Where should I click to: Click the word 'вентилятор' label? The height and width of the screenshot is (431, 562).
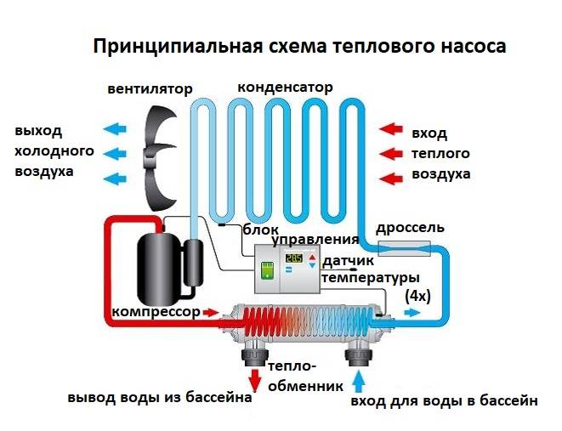150,89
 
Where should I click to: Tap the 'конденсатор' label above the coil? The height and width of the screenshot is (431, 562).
286,88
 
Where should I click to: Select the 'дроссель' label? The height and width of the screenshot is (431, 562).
410,228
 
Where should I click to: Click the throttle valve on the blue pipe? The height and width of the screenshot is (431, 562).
405,248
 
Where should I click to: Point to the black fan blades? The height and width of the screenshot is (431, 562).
160,157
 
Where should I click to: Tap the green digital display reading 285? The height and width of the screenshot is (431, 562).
293,258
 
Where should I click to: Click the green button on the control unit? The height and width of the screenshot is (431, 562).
267,270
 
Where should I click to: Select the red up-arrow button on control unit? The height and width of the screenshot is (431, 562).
313,257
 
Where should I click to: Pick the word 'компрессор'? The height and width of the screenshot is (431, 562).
156,312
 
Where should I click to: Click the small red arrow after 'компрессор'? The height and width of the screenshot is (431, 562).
210,313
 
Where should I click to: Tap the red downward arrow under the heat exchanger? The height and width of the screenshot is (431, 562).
255,380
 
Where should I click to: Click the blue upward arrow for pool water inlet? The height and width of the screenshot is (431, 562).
358,382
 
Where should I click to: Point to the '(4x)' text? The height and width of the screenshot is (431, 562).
417,296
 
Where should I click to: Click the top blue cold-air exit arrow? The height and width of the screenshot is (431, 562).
115,128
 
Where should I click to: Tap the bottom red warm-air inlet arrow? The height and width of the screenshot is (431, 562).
391,179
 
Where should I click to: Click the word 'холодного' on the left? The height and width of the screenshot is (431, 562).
54,151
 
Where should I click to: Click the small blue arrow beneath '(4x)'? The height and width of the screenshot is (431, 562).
412,313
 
